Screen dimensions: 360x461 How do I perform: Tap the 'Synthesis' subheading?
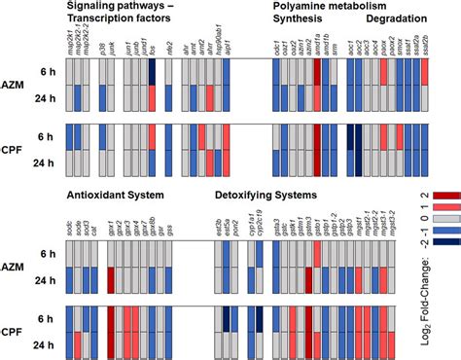click(301, 18)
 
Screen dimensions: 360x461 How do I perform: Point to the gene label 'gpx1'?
click(110, 234)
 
